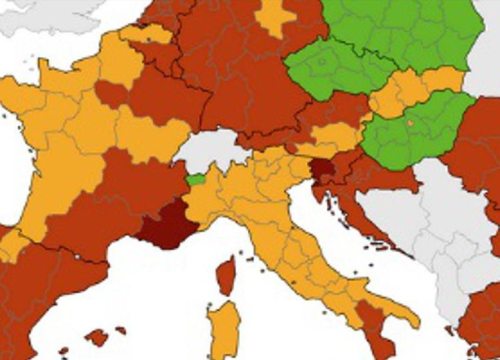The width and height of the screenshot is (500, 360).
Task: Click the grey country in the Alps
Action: point(215,150)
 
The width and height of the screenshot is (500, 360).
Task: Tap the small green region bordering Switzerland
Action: point(197,179)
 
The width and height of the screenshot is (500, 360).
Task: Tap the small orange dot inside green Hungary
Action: point(408,122)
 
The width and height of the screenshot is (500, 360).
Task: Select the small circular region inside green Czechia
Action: point(324,63)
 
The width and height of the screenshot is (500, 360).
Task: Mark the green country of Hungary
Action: point(420,130)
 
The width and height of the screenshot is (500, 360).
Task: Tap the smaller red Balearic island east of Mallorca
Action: point(120,329)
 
